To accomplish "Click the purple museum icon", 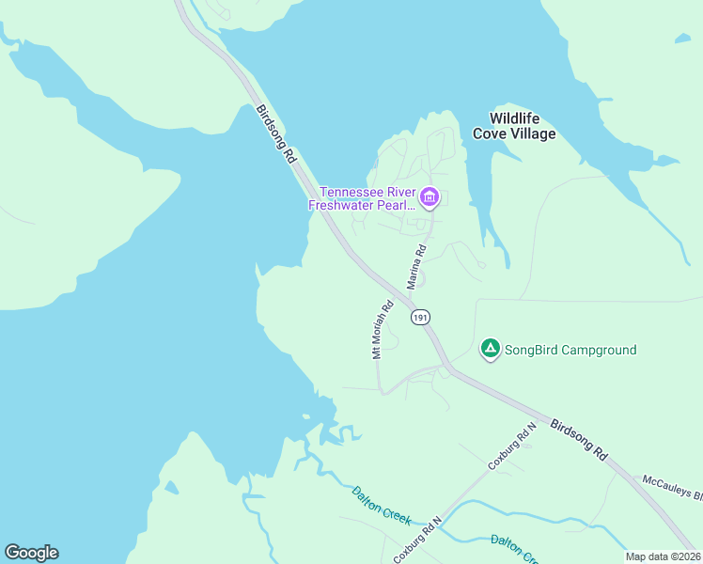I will [430, 197].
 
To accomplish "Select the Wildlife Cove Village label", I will [522, 126].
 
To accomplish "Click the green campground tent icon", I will [490, 349].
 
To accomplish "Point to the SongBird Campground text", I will [570, 351].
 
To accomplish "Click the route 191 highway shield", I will [420, 318].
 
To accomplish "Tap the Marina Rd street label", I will [416, 266].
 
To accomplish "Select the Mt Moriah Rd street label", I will [382, 330].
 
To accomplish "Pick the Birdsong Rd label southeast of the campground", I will [577, 439].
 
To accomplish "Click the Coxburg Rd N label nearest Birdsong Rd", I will [511, 446].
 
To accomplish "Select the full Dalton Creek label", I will [381, 505].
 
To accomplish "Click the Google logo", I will [31, 553].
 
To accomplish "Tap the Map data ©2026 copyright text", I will [662, 556].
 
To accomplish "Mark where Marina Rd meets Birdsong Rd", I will [406, 299].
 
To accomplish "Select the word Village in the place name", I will [533, 134].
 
